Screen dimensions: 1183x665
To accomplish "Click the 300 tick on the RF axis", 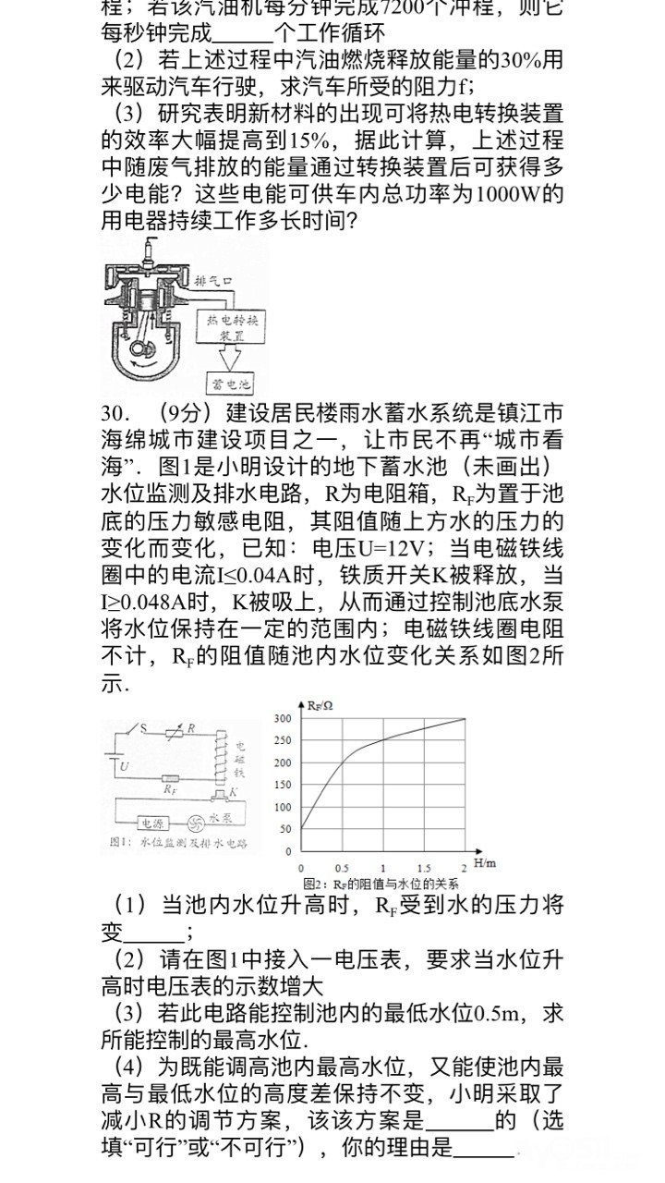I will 283,718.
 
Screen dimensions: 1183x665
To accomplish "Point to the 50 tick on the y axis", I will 285,829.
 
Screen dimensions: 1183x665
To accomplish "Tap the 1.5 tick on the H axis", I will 424,869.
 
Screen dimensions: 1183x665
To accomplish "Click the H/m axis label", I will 484,863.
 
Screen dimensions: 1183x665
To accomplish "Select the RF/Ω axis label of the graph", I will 320,705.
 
